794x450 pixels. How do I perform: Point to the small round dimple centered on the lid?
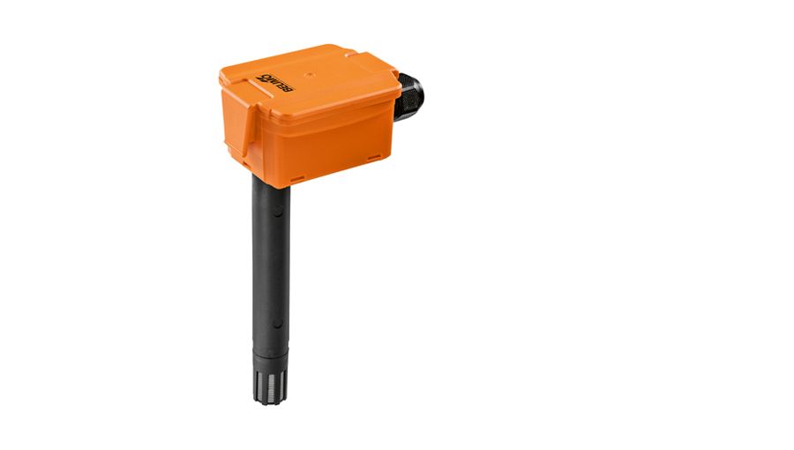(x=309, y=75)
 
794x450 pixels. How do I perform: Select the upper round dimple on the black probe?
(x=279, y=213)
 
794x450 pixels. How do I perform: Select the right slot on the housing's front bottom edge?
(x=374, y=158)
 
